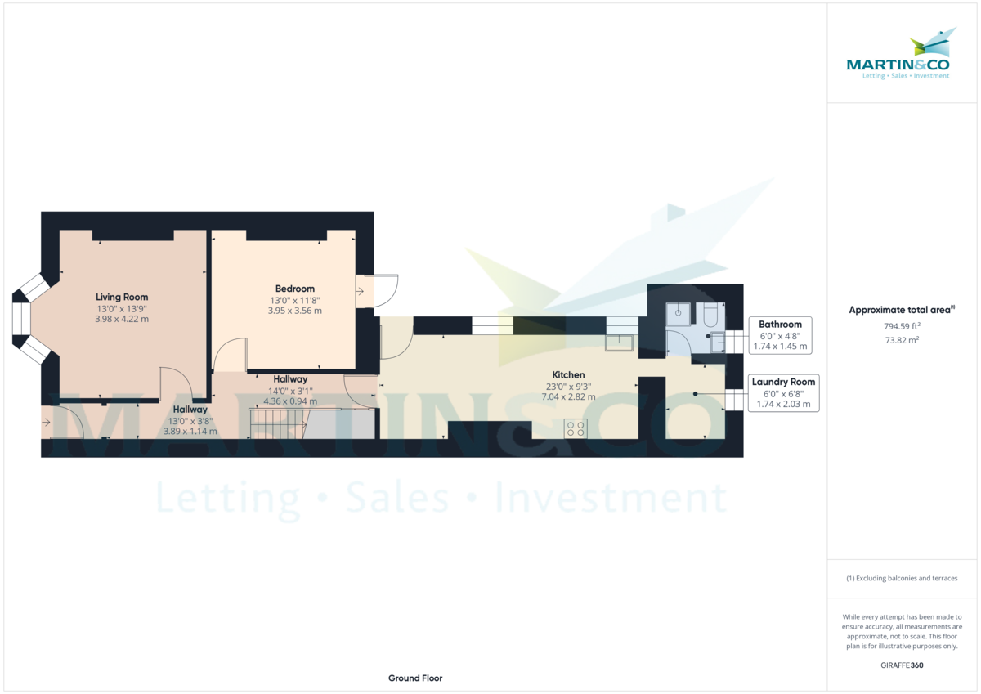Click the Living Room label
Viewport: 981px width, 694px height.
(122, 297)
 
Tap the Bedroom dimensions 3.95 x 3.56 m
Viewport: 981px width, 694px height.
(295, 311)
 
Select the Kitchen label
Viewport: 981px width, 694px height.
(567, 375)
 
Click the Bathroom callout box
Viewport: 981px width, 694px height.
(780, 335)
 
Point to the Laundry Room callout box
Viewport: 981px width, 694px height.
(783, 393)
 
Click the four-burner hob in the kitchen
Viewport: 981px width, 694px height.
(576, 428)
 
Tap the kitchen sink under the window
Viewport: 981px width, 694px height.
(619, 343)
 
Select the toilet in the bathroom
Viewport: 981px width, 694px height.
(709, 315)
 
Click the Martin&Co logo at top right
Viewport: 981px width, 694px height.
(898, 57)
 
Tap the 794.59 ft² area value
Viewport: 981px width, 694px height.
(890, 326)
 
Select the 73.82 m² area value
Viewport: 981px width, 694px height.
(890, 339)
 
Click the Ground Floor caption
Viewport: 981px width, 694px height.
(415, 678)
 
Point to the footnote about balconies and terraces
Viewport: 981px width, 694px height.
(902, 578)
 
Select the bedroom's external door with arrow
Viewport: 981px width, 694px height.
(377, 290)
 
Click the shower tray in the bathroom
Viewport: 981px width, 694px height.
(678, 313)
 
